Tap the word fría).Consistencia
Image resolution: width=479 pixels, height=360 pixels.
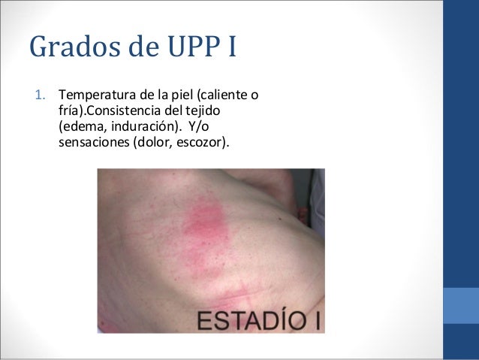108,110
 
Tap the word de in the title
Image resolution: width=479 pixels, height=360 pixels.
139,47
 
